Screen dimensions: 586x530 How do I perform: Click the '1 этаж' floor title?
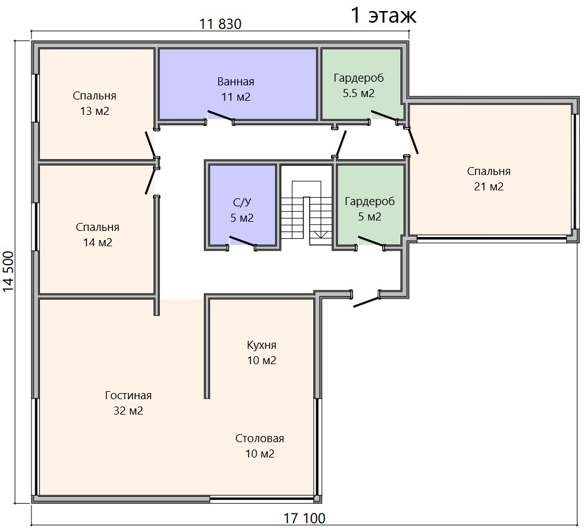(x=384, y=15)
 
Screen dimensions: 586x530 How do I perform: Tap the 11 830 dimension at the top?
(x=220, y=25)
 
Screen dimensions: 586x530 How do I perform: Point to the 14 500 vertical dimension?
(x=8, y=271)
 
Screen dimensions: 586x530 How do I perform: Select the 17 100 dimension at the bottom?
(x=304, y=518)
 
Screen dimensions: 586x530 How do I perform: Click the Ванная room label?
(x=236, y=82)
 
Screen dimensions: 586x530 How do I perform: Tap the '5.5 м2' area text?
(x=359, y=93)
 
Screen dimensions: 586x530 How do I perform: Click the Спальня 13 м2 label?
(x=95, y=103)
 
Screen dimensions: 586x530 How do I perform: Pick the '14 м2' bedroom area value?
(x=98, y=243)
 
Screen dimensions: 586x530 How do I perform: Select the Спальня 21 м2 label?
(x=489, y=179)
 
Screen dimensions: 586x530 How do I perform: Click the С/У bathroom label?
(x=242, y=203)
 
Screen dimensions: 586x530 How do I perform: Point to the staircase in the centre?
(x=307, y=214)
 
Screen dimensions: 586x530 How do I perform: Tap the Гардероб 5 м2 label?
(x=370, y=209)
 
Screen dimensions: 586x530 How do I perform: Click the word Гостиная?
(x=128, y=396)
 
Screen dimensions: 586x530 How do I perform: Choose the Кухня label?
(x=262, y=345)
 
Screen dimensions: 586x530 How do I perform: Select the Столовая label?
(x=260, y=438)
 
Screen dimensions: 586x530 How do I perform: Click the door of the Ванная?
(x=221, y=116)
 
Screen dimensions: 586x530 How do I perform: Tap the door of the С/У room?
(x=242, y=241)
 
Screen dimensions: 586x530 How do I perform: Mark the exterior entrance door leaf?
(x=366, y=302)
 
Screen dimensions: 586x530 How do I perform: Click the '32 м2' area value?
(x=128, y=411)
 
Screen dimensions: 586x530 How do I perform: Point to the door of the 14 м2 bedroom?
(x=150, y=181)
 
